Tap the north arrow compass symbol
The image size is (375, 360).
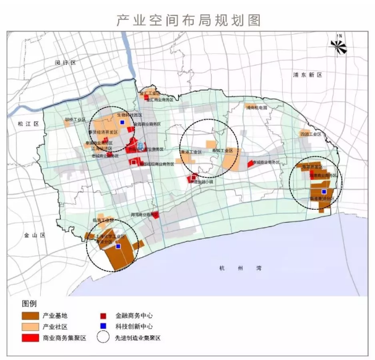point(338,44)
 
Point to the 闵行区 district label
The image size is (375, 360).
point(64,64)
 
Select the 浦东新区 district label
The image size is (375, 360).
point(308,75)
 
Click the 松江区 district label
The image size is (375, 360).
point(28,124)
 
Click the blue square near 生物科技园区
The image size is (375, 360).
point(122,122)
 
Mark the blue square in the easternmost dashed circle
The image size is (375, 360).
point(324,192)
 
